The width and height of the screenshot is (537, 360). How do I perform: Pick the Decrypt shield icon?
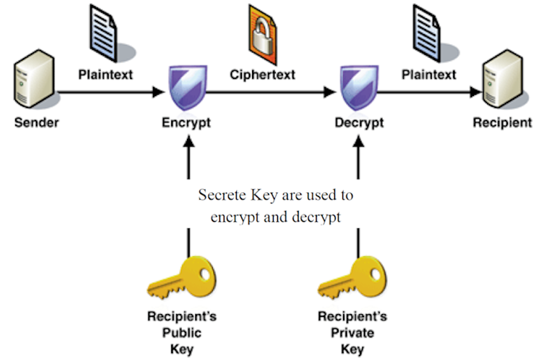tap(358, 89)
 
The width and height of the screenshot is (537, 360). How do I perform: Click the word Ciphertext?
tap(262, 75)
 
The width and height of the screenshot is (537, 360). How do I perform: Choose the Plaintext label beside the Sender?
tap(106, 75)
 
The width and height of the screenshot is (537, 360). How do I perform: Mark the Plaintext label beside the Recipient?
tap(429, 75)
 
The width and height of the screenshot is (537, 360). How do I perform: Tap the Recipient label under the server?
tap(502, 122)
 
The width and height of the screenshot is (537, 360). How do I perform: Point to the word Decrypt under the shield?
tap(358, 122)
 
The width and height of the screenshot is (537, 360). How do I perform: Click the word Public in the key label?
tap(181, 332)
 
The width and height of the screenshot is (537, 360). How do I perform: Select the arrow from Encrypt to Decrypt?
tap(272, 93)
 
